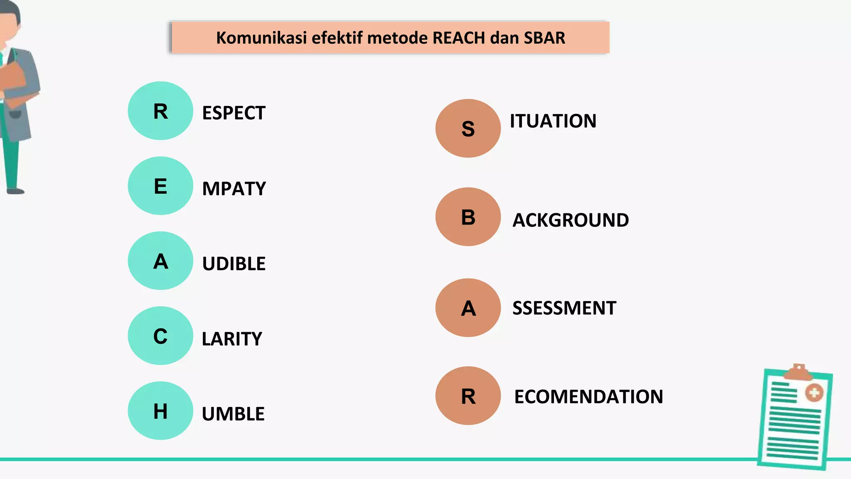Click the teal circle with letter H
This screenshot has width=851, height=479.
[x=160, y=411]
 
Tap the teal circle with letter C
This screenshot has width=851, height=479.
[x=160, y=336]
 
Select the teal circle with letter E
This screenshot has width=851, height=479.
[x=160, y=186]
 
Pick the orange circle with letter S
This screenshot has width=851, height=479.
[x=468, y=128]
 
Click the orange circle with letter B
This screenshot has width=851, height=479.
[x=468, y=217]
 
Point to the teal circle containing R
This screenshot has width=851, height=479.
[x=160, y=111]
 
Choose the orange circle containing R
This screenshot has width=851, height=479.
[x=468, y=396]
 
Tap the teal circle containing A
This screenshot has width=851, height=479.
[x=160, y=261]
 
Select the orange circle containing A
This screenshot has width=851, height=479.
[x=468, y=308]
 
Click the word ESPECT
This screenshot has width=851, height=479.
[x=234, y=113]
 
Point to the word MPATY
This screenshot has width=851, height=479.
[x=234, y=189]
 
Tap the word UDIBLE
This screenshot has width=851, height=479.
[x=234, y=264]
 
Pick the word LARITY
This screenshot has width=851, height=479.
[x=232, y=339]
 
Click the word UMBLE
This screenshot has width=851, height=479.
[x=233, y=414]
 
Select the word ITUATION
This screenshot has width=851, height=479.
[x=553, y=121]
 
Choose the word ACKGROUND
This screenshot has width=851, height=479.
[x=571, y=220]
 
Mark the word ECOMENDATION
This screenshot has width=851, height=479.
[x=588, y=397]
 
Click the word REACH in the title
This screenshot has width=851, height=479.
[x=459, y=38]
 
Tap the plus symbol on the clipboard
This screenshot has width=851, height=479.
[x=814, y=393]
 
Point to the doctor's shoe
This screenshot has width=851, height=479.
[x=15, y=191]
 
